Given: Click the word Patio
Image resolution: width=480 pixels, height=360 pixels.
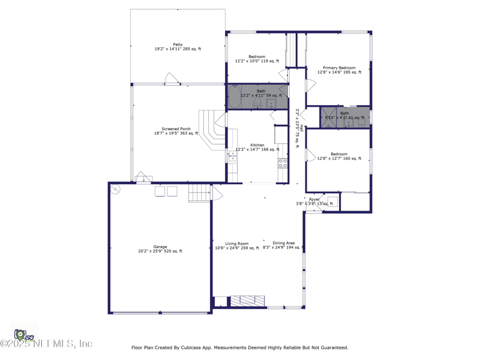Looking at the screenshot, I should click(178, 44).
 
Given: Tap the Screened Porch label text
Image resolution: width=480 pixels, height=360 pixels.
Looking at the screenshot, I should click(176, 128).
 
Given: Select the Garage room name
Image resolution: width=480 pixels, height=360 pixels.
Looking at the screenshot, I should click(160, 247).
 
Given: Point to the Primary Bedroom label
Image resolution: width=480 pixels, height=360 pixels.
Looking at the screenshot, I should click(339, 68).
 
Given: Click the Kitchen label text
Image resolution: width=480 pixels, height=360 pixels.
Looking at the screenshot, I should click(257, 145).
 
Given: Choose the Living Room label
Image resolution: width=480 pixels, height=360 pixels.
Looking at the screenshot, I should click(237, 244).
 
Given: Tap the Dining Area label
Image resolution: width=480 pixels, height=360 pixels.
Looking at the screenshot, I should click(283, 243).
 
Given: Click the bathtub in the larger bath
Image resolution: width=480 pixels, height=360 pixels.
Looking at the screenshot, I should click(234, 98).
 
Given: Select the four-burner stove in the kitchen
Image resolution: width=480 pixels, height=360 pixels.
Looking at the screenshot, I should click(283, 163).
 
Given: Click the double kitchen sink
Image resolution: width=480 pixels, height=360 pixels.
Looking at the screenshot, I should click(232, 157).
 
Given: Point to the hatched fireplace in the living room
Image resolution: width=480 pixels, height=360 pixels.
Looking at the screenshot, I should click(248, 300).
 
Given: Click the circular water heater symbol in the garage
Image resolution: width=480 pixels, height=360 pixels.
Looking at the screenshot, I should click(115, 189).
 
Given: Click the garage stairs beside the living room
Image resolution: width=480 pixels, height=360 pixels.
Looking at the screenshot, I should click(199, 193).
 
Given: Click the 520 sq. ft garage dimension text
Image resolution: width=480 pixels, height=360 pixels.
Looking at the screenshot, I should click(160, 251).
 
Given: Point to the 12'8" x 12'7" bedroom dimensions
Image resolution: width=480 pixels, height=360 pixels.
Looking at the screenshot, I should click(339, 159).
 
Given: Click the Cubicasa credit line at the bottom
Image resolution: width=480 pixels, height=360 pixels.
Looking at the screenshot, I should click(240, 347).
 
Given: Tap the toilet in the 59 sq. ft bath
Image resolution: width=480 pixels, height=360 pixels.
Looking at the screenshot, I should click(257, 103).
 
